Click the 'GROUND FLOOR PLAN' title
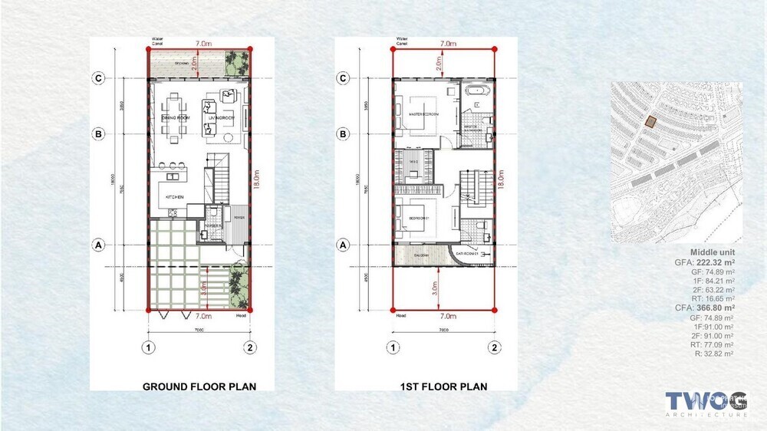199,387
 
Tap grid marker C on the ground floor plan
98,77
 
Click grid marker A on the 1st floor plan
344,245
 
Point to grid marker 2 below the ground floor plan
250,347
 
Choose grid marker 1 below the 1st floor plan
393,347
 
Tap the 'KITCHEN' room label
175,198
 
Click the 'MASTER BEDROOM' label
423,114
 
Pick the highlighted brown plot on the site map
650,121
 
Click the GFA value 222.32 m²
711,262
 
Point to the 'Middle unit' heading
712,252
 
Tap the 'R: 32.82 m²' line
713,355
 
